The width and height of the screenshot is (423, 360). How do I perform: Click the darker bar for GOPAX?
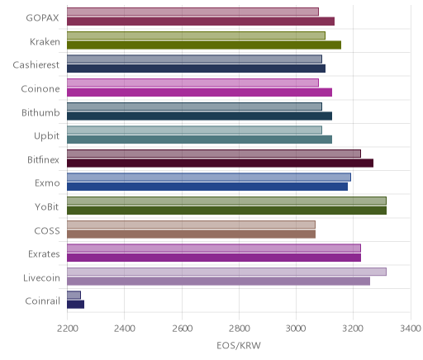point(201,21)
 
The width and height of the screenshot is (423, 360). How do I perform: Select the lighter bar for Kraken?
point(196,36)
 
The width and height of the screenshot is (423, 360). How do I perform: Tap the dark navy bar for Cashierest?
point(196,69)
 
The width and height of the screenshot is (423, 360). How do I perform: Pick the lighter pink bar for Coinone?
point(192,83)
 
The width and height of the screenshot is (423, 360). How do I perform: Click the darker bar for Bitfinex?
point(221,163)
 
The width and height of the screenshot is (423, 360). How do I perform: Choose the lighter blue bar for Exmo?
point(209,178)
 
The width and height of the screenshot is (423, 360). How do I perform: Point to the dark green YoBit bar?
point(226,211)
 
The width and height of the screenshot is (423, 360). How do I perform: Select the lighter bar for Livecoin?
point(226,272)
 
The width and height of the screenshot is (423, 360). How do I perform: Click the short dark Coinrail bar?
point(76,305)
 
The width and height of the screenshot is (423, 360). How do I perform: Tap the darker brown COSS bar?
point(192,234)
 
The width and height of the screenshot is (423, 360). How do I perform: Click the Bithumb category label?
point(40,113)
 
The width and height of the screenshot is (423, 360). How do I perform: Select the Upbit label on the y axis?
point(47,136)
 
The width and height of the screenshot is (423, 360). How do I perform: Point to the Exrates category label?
point(44,253)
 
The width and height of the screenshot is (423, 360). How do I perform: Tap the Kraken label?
point(45,42)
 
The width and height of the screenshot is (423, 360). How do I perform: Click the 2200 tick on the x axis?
point(67,329)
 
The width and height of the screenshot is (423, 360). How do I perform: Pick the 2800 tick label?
point(240,329)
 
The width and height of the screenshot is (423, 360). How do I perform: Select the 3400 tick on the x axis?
point(411,329)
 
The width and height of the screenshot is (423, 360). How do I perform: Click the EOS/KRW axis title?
point(239,345)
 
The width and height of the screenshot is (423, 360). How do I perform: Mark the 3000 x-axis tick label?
point(296,329)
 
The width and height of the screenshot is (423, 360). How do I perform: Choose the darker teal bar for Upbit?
point(199,140)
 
